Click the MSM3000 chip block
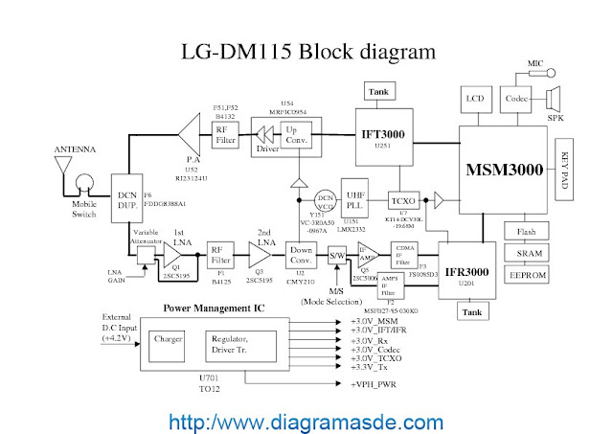pyautogui.click(x=505, y=169)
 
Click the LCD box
pyautogui.click(x=474, y=99)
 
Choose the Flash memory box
pyautogui.click(x=526, y=232)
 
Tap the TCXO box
pyautogui.click(x=401, y=201)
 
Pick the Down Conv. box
pyautogui.click(x=301, y=256)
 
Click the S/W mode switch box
pyautogui.click(x=336, y=256)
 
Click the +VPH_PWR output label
pyautogui.click(x=377, y=384)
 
